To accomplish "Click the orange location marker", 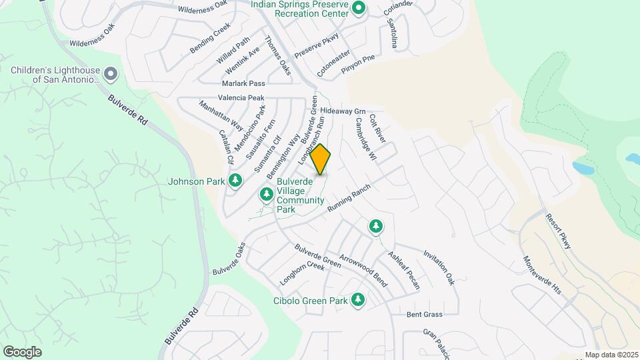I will coord(321,159).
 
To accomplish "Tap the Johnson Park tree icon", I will coord(235,180).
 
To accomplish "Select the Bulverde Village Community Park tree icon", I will coord(266,195).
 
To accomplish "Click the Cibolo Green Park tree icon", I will coord(359,300).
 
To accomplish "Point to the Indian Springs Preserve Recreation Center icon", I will coord(359,9).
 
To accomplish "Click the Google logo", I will coord(22,351).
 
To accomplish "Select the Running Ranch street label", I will coord(348,198).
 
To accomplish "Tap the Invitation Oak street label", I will coord(439,268).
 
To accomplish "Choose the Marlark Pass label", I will coord(243,83).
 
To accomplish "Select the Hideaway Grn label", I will coord(343,110).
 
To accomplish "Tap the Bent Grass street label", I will coord(425,314).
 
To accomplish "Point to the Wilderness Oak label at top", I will coord(202,9).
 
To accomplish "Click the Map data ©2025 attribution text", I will coord(611,355).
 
